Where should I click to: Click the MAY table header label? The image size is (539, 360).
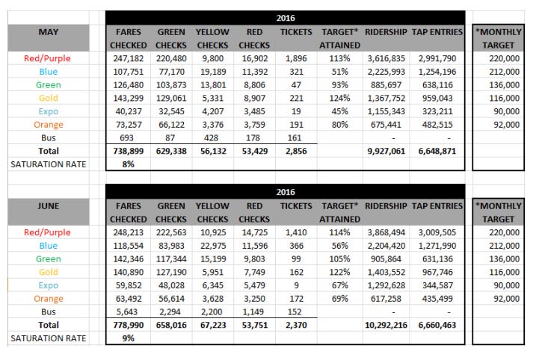point(49,32)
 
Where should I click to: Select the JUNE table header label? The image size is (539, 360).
point(49,205)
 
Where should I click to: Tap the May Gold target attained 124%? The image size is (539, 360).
point(339,99)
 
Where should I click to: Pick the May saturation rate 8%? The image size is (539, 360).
point(129,164)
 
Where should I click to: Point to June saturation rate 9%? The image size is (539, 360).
point(129,338)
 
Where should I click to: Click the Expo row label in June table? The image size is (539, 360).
point(49,285)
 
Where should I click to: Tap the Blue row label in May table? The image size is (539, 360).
point(49,72)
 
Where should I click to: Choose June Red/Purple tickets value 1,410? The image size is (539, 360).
point(295,232)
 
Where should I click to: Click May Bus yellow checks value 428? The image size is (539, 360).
point(212,138)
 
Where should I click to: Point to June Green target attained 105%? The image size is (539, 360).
point(339,258)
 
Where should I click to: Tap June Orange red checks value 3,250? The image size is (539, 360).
point(253,298)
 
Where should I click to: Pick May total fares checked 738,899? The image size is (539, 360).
point(129,151)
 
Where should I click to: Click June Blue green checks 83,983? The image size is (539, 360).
point(171,245)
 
